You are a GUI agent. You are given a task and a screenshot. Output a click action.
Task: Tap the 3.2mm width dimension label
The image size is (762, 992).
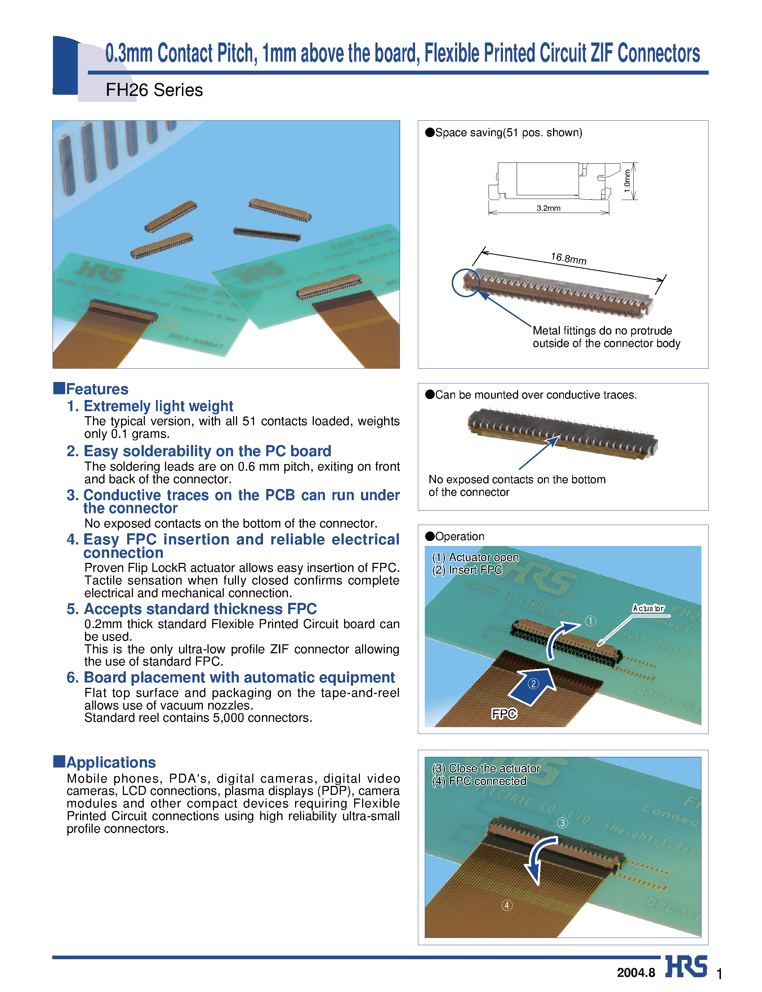[548, 208]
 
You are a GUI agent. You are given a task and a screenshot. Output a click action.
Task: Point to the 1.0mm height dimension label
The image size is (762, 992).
[627, 181]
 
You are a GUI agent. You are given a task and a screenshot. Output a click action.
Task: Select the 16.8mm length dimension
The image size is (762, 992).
[568, 259]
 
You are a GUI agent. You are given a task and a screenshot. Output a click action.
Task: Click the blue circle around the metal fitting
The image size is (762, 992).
[466, 283]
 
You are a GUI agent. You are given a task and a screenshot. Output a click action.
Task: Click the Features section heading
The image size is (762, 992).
[97, 389]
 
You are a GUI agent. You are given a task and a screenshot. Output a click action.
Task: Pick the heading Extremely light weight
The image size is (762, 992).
[158, 406]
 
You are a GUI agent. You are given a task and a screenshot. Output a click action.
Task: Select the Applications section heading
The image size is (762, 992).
[110, 762]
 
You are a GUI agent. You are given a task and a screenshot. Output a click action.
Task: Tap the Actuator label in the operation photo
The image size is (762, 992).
[648, 608]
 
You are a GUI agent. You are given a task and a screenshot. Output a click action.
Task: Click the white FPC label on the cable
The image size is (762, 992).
[504, 714]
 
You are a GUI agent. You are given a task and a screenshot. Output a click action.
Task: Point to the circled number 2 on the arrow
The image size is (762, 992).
[533, 684]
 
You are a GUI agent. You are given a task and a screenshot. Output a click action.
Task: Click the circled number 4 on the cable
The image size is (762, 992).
[507, 906]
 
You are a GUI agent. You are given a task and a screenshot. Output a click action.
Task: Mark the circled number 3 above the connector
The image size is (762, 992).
[562, 823]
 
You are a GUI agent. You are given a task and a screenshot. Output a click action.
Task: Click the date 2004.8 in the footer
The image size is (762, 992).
[636, 973]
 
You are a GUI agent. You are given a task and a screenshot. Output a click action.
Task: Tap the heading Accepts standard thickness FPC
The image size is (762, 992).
[200, 609]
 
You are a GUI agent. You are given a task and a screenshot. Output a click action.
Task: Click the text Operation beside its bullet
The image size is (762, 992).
[459, 536]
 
